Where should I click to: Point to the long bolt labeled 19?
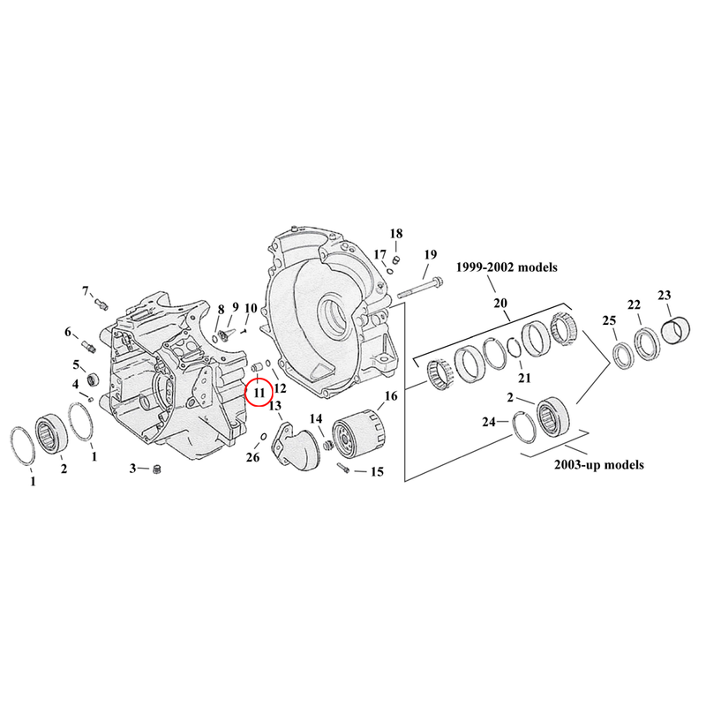pyautogui.click(x=419, y=288)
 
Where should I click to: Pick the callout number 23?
pyautogui.click(x=665, y=295)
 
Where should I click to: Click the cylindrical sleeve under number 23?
pyautogui.click(x=680, y=332)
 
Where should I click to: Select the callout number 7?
pyautogui.click(x=86, y=291)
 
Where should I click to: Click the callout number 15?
pyautogui.click(x=376, y=472)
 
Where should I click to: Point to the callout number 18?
pyautogui.click(x=396, y=234)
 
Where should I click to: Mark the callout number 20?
pyautogui.click(x=500, y=303)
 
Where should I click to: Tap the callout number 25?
pyautogui.click(x=608, y=320)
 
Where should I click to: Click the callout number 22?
pyautogui.click(x=634, y=304)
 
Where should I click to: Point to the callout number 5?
pyautogui.click(x=77, y=365)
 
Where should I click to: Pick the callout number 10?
pyautogui.click(x=251, y=308)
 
